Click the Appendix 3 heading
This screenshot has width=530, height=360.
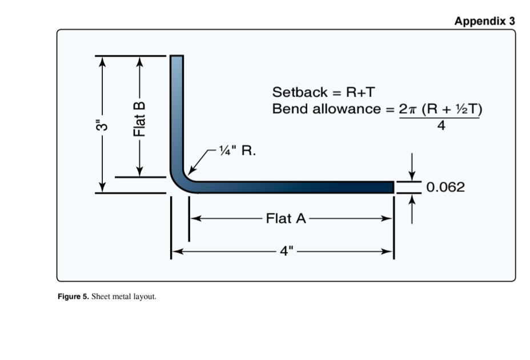tap(484, 21)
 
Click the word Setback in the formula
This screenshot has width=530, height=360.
tap(300, 92)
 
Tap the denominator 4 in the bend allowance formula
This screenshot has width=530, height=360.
tap(440, 126)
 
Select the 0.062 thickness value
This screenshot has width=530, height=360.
tap(446, 187)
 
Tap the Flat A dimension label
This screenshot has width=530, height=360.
tap(286, 218)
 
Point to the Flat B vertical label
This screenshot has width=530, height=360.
tap(138, 118)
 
